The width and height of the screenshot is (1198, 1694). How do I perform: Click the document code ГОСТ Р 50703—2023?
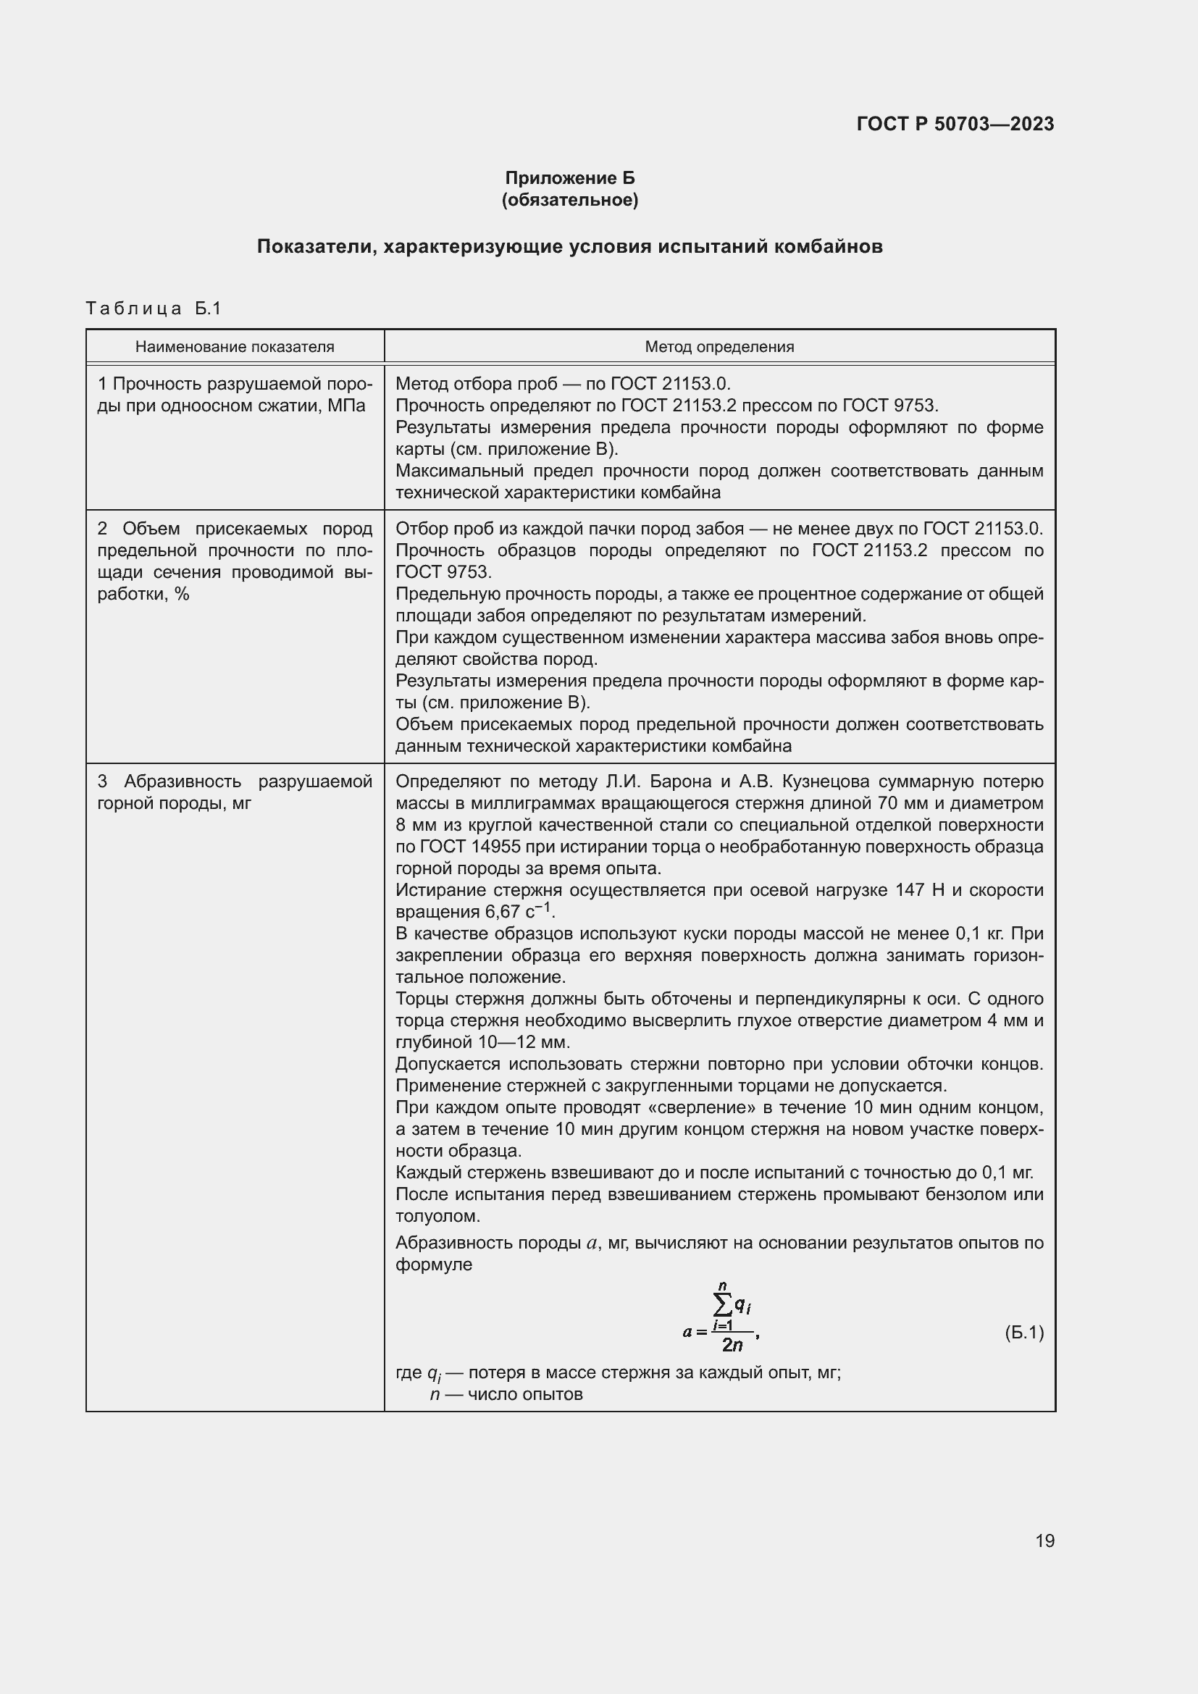955,124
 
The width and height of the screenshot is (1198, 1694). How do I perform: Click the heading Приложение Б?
569,178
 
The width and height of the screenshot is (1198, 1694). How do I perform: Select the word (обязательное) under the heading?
569,200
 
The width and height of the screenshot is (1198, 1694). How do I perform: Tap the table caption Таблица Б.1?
154,309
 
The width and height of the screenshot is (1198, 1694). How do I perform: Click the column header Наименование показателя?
235,347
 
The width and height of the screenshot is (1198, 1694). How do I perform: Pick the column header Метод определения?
719,347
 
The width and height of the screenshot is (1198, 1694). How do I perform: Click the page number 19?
1044,1540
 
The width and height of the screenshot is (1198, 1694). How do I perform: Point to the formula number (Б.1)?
1024,1333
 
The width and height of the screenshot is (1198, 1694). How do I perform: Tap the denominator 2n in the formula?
732,1345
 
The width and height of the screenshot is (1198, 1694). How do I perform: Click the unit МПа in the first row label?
346,406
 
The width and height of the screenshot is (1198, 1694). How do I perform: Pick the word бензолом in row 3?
978,1194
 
